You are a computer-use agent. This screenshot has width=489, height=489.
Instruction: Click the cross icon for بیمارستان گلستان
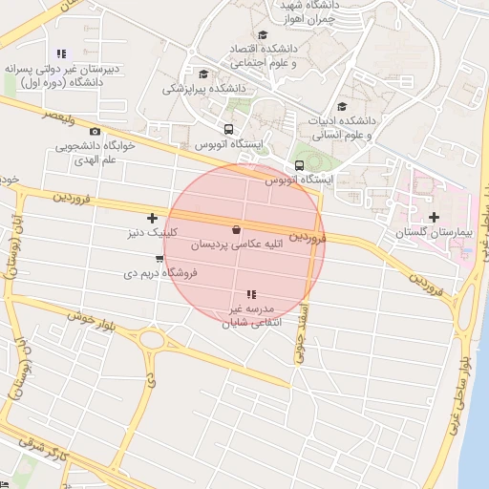[435, 218]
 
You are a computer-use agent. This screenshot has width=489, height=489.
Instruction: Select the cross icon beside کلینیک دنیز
[152, 219]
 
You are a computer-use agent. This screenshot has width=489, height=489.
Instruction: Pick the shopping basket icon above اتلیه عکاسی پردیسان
[236, 229]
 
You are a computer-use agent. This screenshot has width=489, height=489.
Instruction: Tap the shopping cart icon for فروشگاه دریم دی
[159, 258]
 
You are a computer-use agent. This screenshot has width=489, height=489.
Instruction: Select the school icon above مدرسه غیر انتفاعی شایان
[250, 294]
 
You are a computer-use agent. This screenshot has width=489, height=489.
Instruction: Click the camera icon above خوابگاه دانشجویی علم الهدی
[95, 131]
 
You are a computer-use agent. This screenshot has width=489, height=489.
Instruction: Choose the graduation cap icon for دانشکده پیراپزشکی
[202, 74]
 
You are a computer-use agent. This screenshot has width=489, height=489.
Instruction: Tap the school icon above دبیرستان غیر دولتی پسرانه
[62, 53]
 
